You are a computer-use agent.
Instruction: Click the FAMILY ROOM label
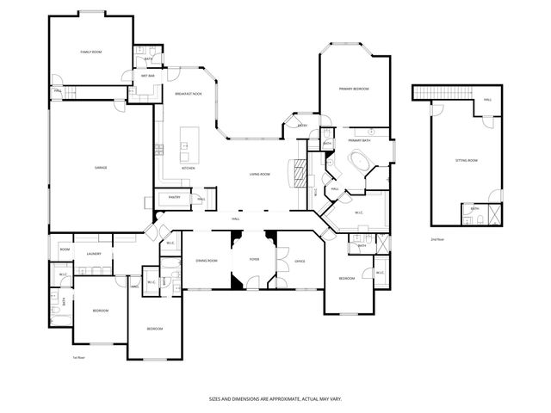[x=91, y=52]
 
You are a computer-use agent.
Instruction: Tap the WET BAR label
[x=147, y=76]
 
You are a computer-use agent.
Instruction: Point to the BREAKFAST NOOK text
[x=188, y=93]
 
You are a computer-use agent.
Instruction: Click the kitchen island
[x=186, y=145]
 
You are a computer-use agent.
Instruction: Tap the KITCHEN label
[x=188, y=168]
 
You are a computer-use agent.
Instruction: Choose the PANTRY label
[x=173, y=197]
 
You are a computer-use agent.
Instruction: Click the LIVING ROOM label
[x=260, y=175]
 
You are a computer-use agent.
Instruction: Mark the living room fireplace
[x=300, y=172]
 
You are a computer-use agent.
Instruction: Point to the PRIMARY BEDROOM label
[x=354, y=88]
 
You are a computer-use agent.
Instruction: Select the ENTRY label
[x=302, y=126]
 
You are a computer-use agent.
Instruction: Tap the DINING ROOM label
[x=206, y=260]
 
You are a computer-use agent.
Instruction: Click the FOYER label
[x=254, y=259]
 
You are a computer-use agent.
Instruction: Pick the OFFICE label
[x=300, y=260]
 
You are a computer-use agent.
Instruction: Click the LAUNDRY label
[x=95, y=254]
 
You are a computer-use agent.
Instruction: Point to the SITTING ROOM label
[x=466, y=161]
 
